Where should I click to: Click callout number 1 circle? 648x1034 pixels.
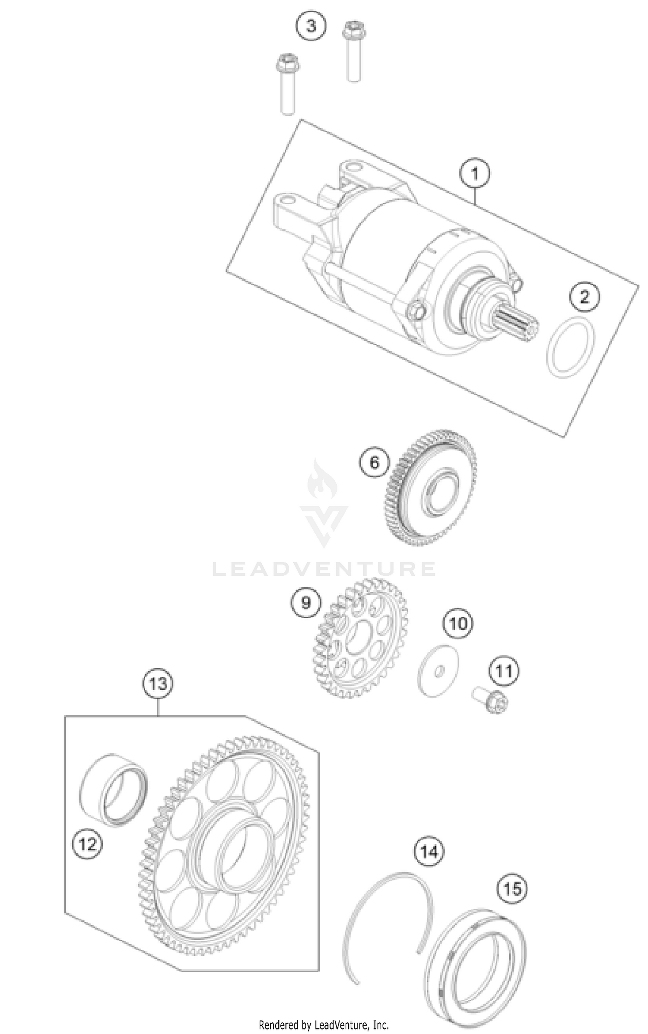point(475,174)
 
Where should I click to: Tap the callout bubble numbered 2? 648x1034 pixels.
point(584,297)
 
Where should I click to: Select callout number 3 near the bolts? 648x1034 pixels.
point(311,26)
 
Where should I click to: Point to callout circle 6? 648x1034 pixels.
point(374,462)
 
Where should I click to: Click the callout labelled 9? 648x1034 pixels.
point(306,602)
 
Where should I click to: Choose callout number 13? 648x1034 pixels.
point(158,684)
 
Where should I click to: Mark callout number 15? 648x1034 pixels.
point(512,889)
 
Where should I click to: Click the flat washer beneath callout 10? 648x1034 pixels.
point(438,671)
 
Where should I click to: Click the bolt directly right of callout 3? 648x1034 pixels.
point(354,52)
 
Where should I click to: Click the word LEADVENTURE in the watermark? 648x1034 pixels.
point(324,569)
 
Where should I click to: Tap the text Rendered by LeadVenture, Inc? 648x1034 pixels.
point(324,1024)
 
